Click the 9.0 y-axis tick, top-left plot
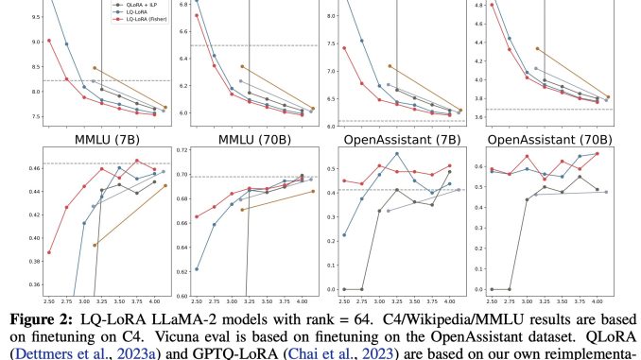[x=26, y=41]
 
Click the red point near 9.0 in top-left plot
[x=48, y=41]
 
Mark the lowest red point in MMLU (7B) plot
[x=48, y=252]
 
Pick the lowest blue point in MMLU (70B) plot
[x=197, y=269]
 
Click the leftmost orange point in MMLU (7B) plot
[x=95, y=245]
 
